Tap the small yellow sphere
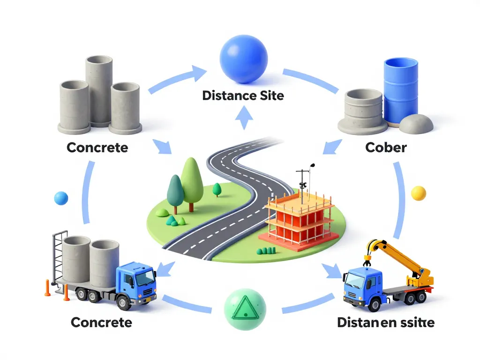pyautogui.click(x=418, y=193)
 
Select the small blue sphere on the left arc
pyautogui.click(x=61, y=198)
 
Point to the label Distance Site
pyautogui.click(x=243, y=96)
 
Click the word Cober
pyautogui.click(x=385, y=148)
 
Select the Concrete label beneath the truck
pyautogui.click(x=101, y=322)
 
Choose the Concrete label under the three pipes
pyautogui.click(x=97, y=148)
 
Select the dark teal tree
pyautogui.click(x=175, y=190)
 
